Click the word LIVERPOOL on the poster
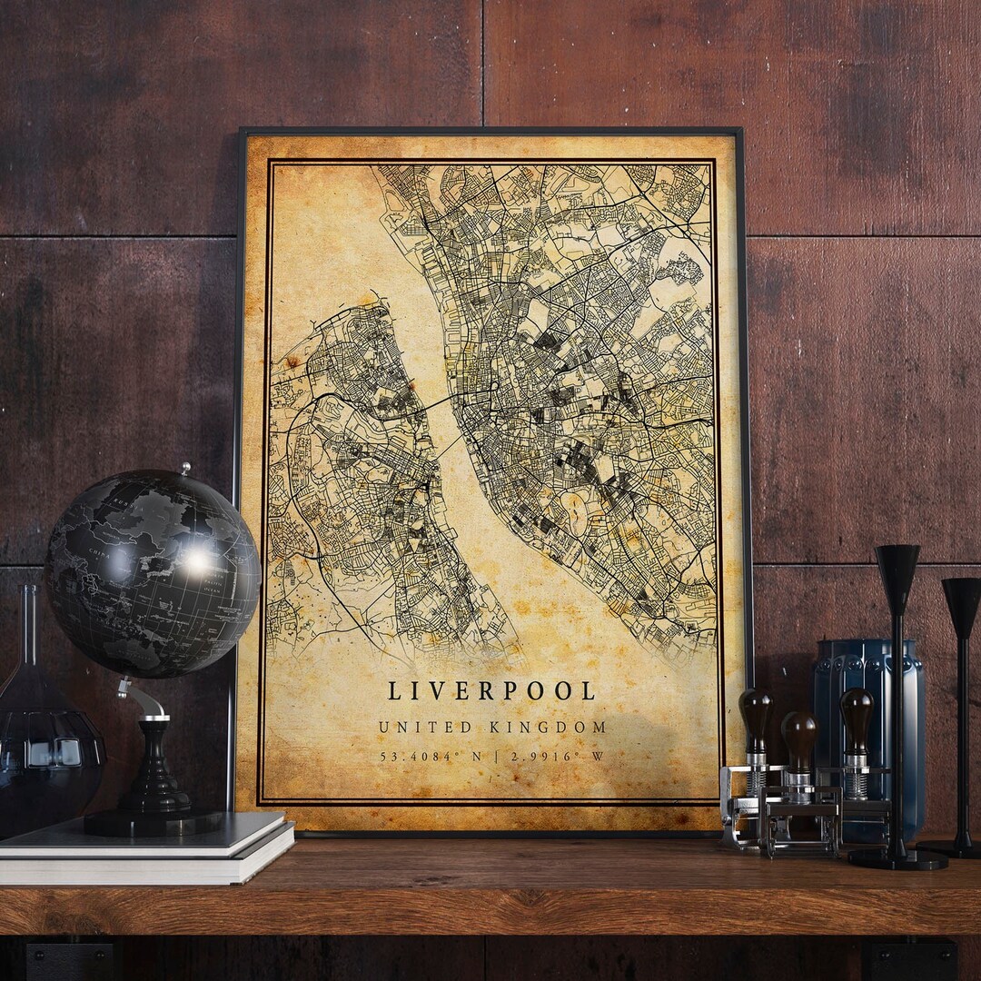pyautogui.click(x=491, y=691)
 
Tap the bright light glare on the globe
pyautogui.click(x=195, y=561)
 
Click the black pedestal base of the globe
pyautogui.click(x=152, y=817)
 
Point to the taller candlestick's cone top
pyautogui.click(x=897, y=568)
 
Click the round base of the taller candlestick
pyautogui.click(x=897, y=858)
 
